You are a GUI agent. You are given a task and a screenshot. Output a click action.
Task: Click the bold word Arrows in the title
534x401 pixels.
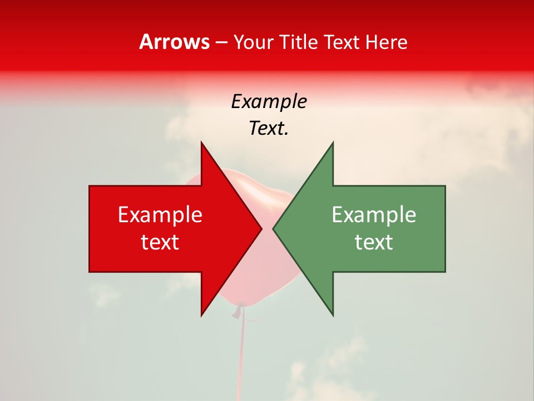[x=175, y=42]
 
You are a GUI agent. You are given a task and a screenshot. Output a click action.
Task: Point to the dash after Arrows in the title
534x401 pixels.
[x=221, y=42]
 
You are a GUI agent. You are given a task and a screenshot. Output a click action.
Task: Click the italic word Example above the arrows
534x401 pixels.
[x=269, y=101]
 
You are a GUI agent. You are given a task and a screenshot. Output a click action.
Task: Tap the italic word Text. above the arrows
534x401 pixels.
[x=269, y=129]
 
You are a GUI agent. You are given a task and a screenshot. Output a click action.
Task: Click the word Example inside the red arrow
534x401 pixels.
[x=160, y=214]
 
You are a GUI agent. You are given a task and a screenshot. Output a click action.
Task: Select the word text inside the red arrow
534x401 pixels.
[x=160, y=242]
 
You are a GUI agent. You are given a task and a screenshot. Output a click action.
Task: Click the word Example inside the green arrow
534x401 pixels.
[x=374, y=214]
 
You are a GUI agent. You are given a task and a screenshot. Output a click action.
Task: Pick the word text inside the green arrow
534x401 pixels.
[x=374, y=242]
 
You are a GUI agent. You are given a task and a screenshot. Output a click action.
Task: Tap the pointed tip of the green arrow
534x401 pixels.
[x=273, y=228]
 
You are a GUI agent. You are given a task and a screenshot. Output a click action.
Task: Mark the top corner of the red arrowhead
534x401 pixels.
[x=201, y=143]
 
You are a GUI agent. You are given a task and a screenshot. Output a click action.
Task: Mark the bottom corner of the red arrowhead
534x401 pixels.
[x=201, y=315]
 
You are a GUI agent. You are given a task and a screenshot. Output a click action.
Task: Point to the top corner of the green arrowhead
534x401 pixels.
[x=333, y=143]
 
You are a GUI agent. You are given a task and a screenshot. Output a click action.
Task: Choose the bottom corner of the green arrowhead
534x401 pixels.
[x=333, y=315]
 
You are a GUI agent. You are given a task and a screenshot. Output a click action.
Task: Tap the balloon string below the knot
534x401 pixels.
[x=241, y=356]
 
